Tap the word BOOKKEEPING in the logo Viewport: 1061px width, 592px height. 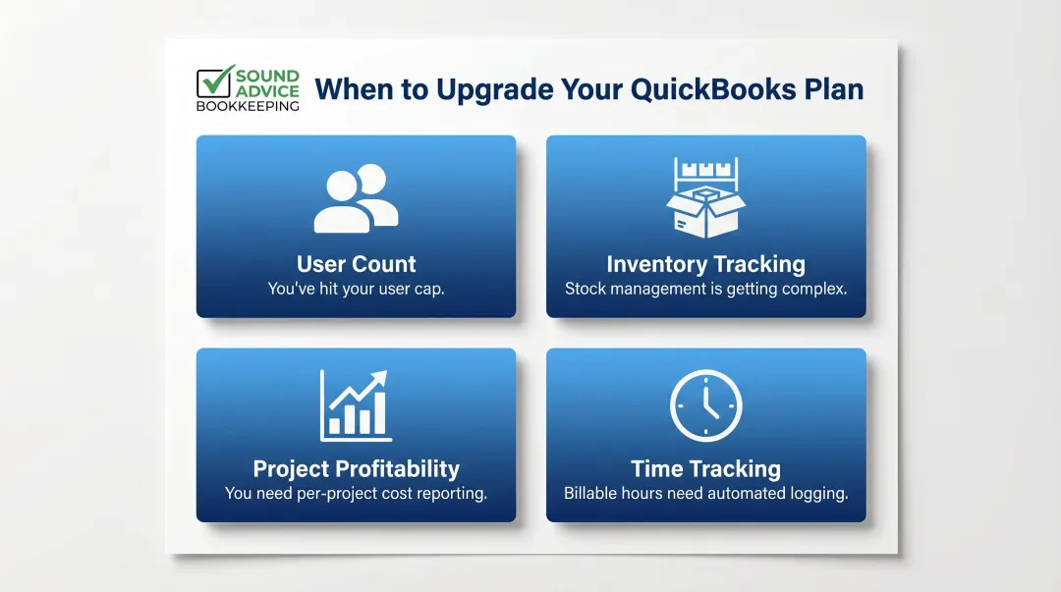point(248,106)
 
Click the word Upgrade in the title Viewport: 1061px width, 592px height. point(492,89)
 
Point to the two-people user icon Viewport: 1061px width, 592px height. point(356,199)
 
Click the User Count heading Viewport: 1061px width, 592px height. point(356,264)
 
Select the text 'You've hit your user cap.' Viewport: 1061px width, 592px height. point(356,290)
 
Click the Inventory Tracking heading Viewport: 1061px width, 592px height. point(705,264)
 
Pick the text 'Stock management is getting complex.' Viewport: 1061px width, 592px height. point(705,290)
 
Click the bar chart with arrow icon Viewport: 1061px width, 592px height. point(355,406)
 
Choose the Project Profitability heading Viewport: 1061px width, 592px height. point(356,468)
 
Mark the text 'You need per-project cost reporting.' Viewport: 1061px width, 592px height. point(356,494)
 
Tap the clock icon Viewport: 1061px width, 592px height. point(705,405)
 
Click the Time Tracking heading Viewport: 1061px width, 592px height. point(705,468)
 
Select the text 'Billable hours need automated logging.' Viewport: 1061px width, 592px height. point(705,494)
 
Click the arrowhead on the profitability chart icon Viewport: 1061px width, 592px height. point(381,378)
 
